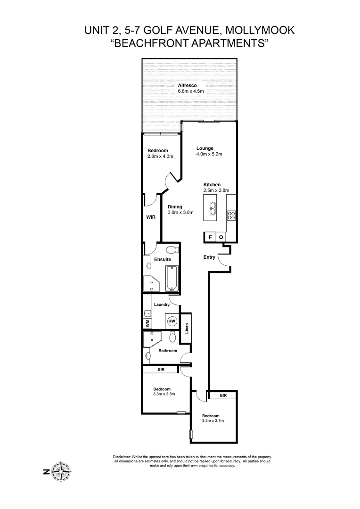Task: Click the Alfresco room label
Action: (x=187, y=85)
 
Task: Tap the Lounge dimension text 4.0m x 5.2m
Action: (x=209, y=154)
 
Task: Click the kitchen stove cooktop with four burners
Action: (x=231, y=215)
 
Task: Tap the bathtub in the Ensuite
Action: (x=171, y=278)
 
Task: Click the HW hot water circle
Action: (x=172, y=321)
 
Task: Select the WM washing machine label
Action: (x=147, y=323)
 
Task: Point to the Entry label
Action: (x=209, y=257)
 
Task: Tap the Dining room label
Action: (x=175, y=207)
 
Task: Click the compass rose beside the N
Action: (x=61, y=471)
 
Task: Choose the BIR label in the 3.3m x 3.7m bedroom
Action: (x=223, y=396)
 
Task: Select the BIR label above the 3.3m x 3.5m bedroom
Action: (x=161, y=370)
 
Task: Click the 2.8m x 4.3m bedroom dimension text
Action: (x=161, y=156)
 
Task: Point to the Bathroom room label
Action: (x=168, y=351)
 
